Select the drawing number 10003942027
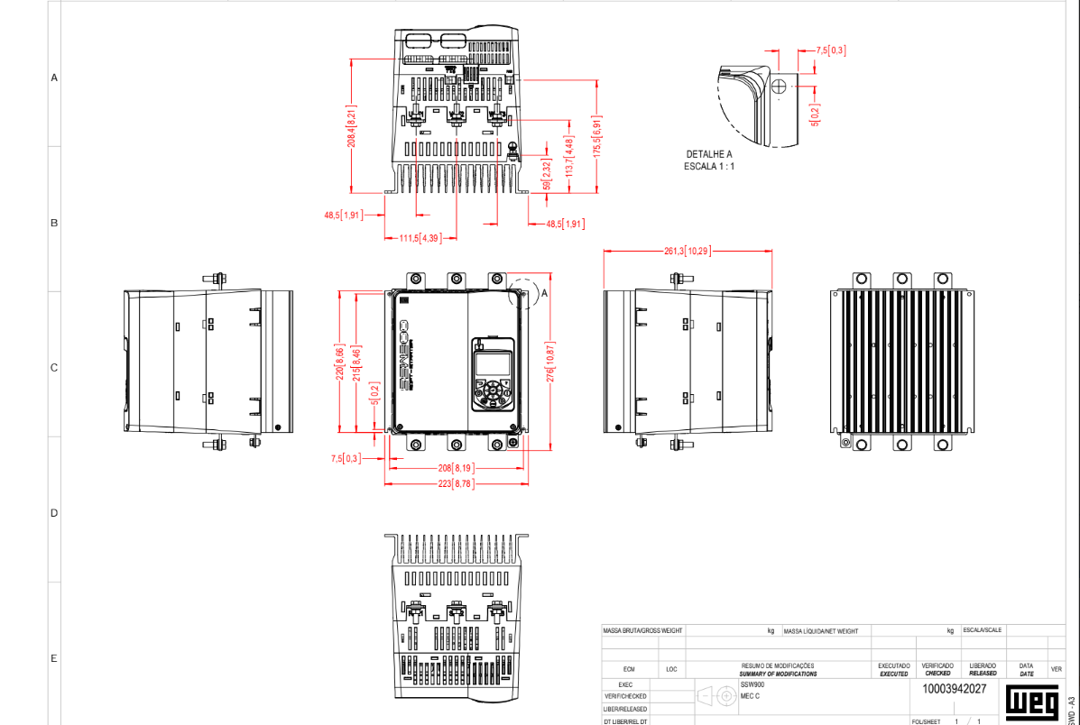(x=954, y=689)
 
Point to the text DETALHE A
(x=709, y=154)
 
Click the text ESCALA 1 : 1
(x=709, y=166)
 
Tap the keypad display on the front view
(x=491, y=364)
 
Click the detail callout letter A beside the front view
(x=544, y=293)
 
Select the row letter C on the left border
(x=54, y=368)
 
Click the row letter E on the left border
(x=54, y=658)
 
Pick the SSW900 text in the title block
(x=751, y=684)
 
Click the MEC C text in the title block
(x=750, y=696)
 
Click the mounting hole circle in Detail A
(x=780, y=86)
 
